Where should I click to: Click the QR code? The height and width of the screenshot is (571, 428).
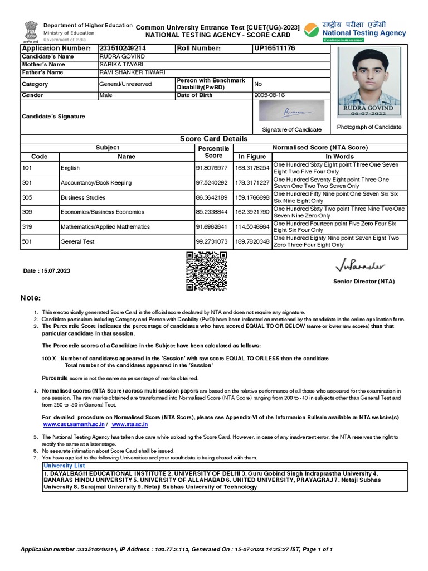(206, 271)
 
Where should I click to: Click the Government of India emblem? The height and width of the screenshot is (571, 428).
(30, 31)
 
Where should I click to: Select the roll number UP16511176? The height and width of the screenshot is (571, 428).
(274, 49)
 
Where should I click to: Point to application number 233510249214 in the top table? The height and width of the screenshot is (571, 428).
(123, 49)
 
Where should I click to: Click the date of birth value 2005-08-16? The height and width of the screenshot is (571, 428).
(269, 95)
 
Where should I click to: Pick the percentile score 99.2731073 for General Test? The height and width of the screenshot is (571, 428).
(212, 241)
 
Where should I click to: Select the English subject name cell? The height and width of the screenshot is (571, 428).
(70, 168)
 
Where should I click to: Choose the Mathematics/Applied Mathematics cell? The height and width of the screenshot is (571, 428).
(105, 227)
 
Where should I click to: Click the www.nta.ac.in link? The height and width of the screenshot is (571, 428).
(130, 424)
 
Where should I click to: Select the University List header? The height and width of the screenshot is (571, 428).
(64, 465)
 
